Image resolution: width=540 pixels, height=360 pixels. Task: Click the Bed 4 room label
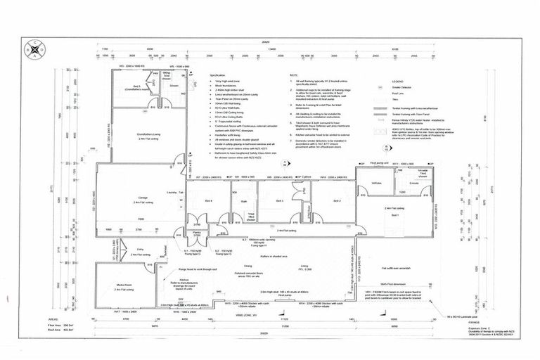coord(209,201)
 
